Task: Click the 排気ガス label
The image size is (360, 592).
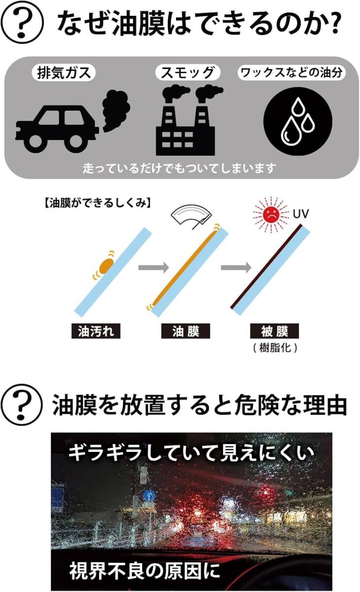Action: tap(64, 73)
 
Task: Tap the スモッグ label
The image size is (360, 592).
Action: tap(187, 73)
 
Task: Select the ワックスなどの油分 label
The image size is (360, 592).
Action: tap(291, 73)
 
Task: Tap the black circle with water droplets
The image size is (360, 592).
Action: tap(298, 121)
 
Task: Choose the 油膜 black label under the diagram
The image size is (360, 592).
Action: tap(186, 331)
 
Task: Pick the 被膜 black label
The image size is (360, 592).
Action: tap(274, 331)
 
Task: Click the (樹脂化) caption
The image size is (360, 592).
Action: tap(274, 347)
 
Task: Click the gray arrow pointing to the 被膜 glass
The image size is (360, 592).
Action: tap(234, 268)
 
